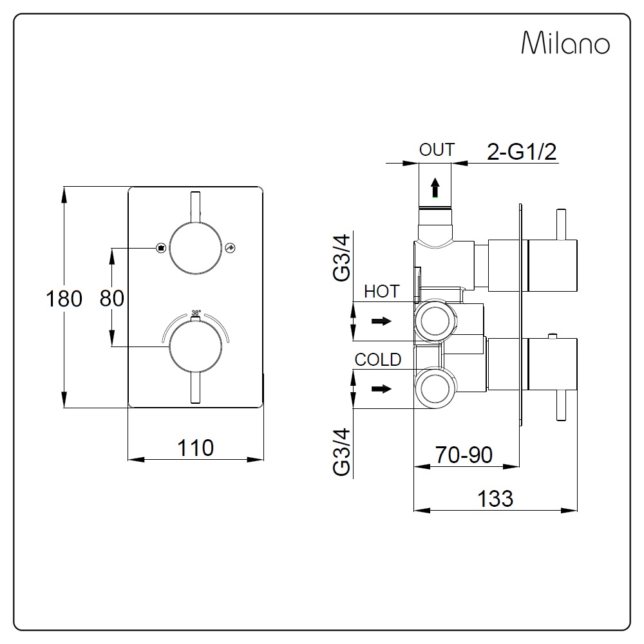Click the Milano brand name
point(565,44)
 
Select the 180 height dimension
point(64,299)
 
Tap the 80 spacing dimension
point(112,298)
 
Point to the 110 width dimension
point(196,447)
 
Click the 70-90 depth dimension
point(463,455)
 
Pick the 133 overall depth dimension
point(495,498)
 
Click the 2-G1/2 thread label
point(522,152)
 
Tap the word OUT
point(437,150)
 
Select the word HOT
point(382,291)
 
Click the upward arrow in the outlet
point(435,188)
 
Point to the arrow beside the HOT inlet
point(382,321)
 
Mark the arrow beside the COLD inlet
point(382,388)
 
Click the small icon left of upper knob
point(161,248)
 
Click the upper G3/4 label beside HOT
point(341,258)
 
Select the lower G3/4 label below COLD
point(341,452)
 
